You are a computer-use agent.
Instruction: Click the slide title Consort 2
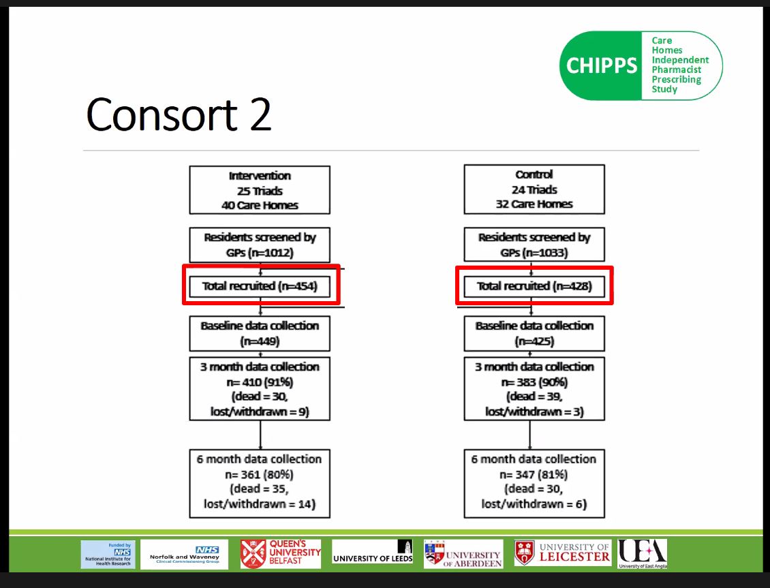tap(179, 114)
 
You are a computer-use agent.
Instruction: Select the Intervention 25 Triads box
tap(259, 190)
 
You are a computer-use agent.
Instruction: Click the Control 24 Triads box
tap(534, 190)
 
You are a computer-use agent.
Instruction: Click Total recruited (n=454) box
tap(260, 286)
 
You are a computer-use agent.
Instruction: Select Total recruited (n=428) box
tap(534, 286)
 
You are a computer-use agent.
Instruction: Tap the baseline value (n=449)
tap(259, 341)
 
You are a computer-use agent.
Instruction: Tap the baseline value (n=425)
tap(534, 341)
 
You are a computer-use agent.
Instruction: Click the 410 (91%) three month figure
tap(259, 382)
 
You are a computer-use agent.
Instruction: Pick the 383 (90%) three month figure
tap(534, 382)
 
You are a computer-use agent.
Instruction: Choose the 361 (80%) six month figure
tap(259, 474)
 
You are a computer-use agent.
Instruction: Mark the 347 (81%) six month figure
tap(534, 474)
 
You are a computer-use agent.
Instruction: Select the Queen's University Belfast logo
tap(281, 553)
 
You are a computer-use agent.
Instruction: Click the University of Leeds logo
tap(372, 553)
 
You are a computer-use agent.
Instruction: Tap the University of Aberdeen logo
tap(463, 553)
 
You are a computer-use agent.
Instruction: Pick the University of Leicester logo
tap(563, 553)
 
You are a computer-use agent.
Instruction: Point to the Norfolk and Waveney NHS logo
tap(185, 555)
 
